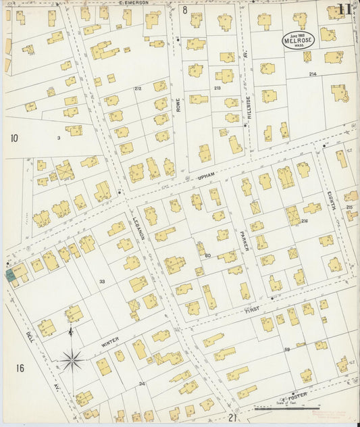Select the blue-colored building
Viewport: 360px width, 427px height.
11,274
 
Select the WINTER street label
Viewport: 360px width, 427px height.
109,345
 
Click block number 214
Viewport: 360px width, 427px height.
312,74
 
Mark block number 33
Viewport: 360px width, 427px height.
102,281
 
